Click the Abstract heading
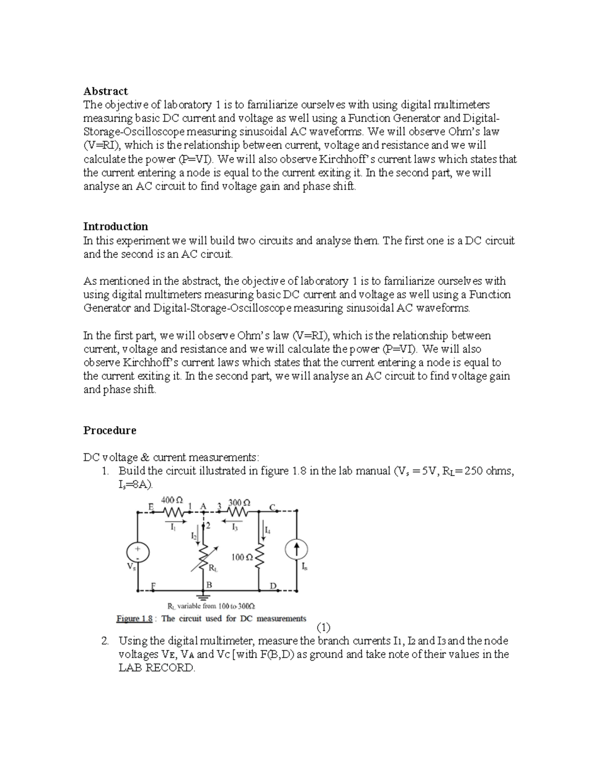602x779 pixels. [x=105, y=91]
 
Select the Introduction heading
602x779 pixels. [x=115, y=226]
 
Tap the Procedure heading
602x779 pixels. [x=109, y=430]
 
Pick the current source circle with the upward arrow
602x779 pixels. [x=296, y=550]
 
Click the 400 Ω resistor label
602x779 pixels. [x=172, y=500]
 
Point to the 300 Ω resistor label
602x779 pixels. [x=239, y=502]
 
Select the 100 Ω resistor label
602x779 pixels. [x=240, y=557]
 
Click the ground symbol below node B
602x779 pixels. [x=203, y=597]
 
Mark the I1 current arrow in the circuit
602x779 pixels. [x=173, y=521]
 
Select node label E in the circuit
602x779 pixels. [x=151, y=506]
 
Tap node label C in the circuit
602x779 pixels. [x=272, y=507]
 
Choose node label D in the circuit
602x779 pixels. [x=273, y=586]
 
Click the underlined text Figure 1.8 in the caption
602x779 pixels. [x=134, y=618]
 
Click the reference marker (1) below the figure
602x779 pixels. [x=324, y=628]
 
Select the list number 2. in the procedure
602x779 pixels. [x=104, y=641]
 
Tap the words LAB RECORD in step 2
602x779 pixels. [x=156, y=668]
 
